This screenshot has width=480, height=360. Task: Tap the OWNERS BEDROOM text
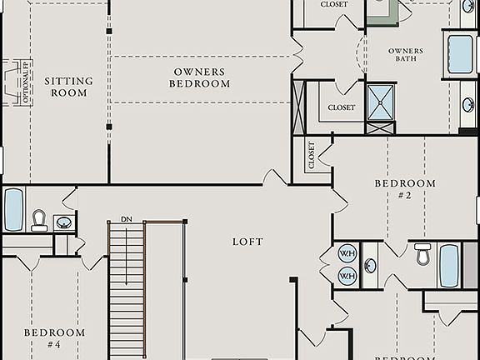click(x=200, y=77)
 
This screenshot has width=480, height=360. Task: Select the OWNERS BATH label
click(x=406, y=56)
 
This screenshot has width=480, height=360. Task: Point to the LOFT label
click(x=247, y=242)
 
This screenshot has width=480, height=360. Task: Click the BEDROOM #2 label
click(x=405, y=188)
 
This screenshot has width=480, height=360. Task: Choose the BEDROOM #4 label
click(x=54, y=337)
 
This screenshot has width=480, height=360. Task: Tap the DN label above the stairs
click(x=126, y=219)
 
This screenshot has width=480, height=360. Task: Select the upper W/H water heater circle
click(x=347, y=254)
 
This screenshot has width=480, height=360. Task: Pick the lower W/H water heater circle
click(x=347, y=275)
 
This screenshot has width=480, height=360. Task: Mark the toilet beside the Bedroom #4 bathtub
click(x=39, y=220)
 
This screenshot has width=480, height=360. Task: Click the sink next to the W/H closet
click(x=370, y=266)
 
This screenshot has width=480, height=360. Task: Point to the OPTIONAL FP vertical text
click(x=27, y=83)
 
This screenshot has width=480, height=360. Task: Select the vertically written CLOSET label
click(x=312, y=156)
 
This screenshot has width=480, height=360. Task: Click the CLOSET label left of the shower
click(x=341, y=107)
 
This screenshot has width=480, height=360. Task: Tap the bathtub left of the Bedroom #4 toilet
click(x=13, y=210)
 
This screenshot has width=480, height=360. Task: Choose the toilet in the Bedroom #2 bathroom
click(x=423, y=253)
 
